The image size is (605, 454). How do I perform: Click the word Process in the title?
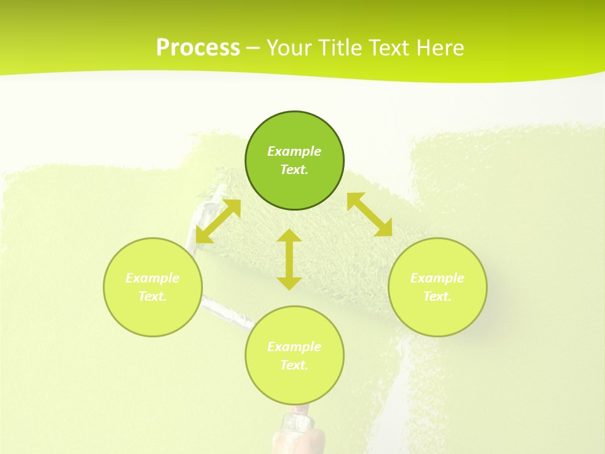click(198, 48)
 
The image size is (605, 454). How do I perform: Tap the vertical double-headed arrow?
click(289, 259)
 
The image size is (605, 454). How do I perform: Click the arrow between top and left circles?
click(218, 221)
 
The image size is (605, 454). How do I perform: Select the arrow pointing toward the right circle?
click(370, 214)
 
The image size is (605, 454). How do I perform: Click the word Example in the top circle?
click(294, 151)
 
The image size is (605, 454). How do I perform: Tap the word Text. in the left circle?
click(153, 296)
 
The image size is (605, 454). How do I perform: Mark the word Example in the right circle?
click(437, 278)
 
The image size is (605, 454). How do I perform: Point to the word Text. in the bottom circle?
click(294, 365)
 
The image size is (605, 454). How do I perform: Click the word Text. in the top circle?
click(294, 170)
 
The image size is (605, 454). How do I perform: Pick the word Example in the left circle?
click(153, 278)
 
